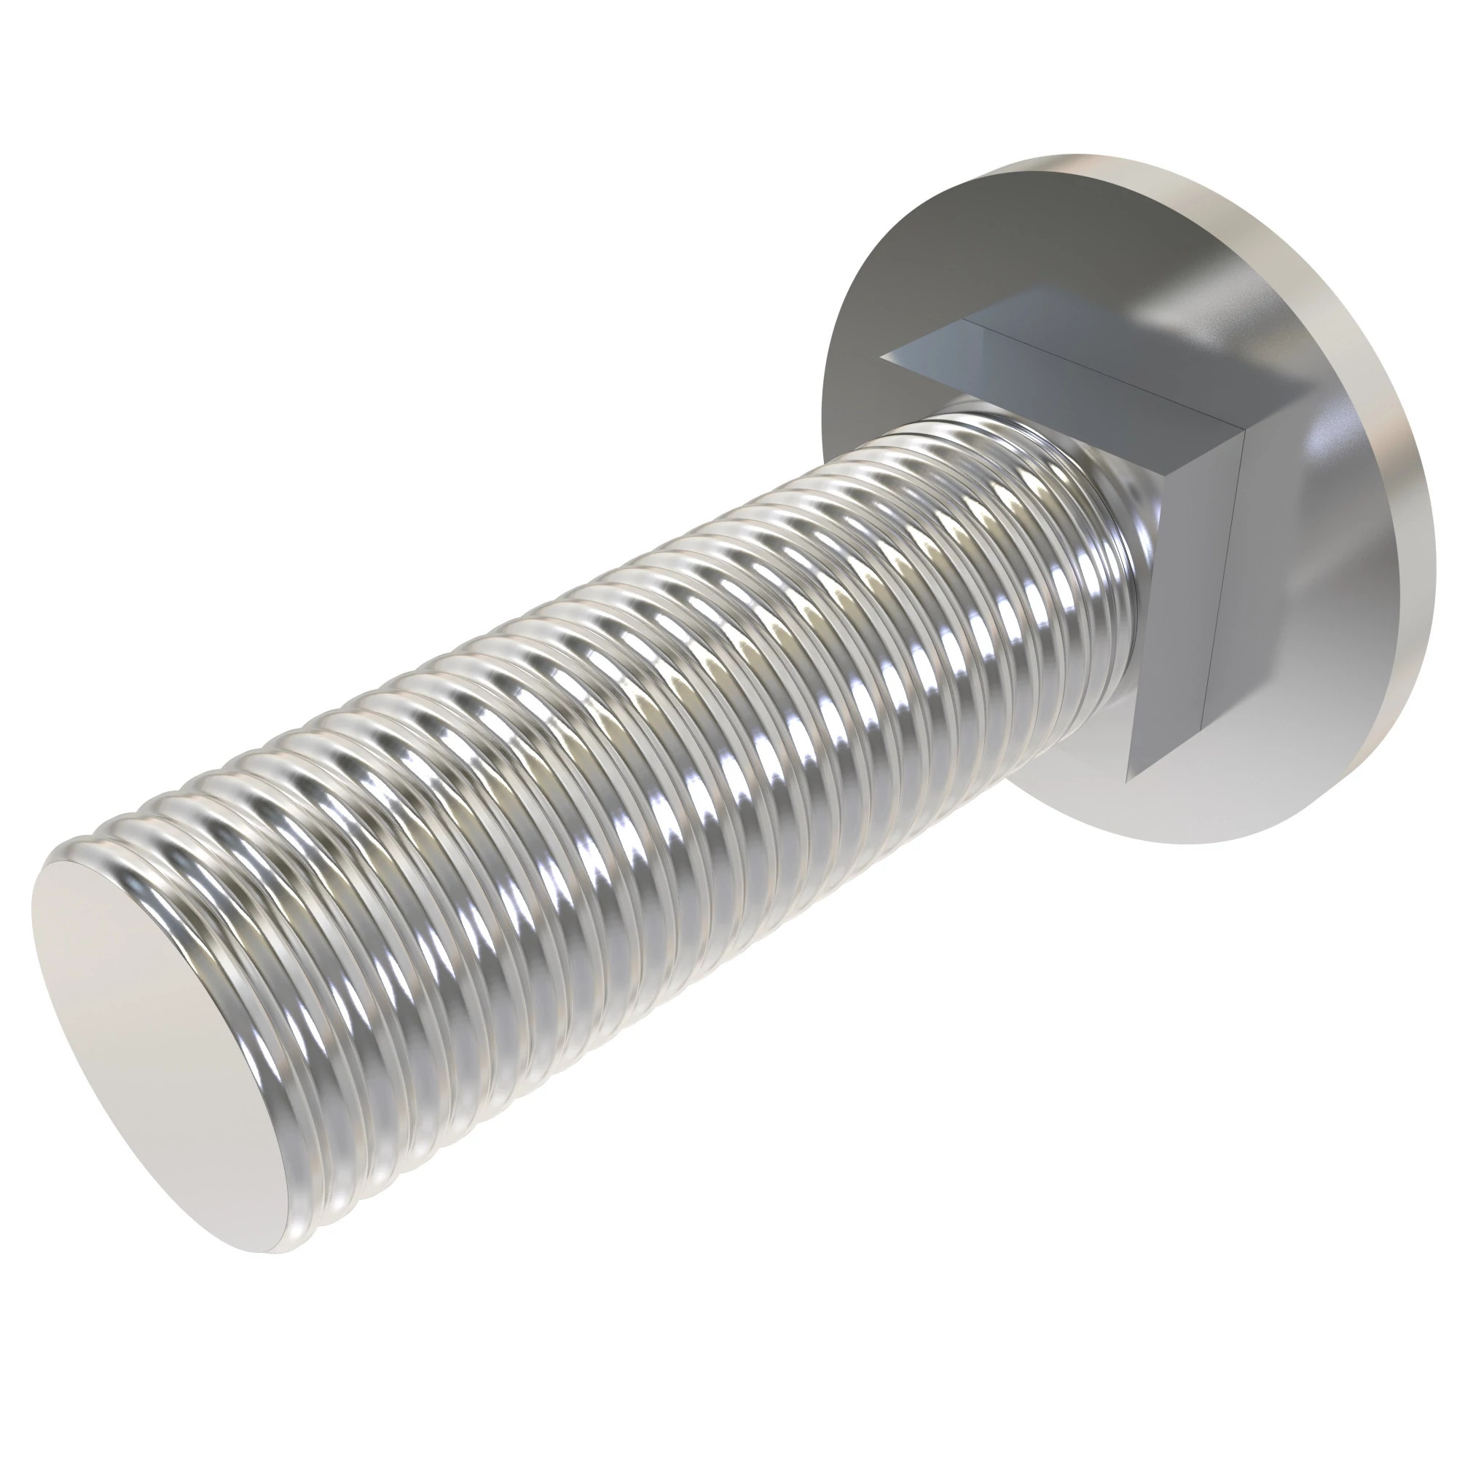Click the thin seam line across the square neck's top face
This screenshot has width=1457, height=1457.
1101,373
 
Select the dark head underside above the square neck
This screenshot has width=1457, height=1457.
981,249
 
